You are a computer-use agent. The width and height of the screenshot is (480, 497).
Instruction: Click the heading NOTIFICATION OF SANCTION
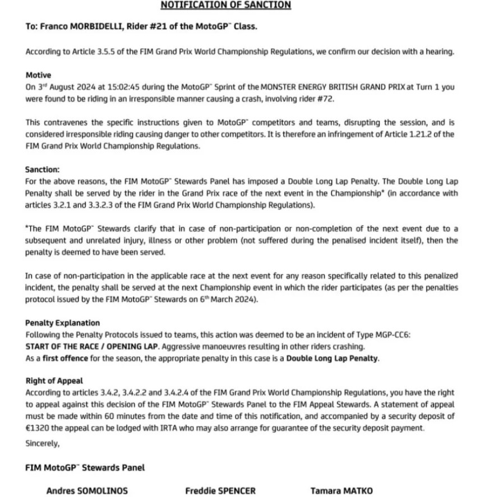coord(226,5)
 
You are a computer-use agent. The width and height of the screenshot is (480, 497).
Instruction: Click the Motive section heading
coord(38,75)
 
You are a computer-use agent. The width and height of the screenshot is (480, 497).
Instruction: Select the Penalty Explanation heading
coord(62,323)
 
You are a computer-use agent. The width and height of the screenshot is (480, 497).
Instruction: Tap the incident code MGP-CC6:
coord(393,334)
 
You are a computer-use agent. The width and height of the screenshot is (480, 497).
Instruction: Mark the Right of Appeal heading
coord(54,381)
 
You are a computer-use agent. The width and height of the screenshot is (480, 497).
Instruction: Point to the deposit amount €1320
coord(38,428)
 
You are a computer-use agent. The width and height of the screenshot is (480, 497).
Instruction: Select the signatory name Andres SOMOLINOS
coord(87,491)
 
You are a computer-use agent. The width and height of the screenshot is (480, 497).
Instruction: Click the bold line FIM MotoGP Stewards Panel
coord(85,467)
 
